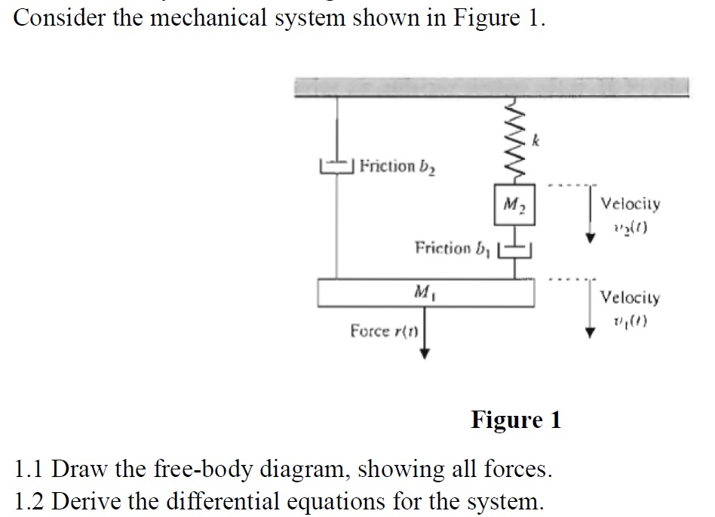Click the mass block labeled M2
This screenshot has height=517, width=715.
click(515, 205)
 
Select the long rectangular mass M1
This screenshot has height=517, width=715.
click(427, 292)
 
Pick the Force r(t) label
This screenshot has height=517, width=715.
click(385, 331)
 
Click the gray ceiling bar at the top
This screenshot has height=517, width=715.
click(491, 87)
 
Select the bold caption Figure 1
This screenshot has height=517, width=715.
click(516, 420)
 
